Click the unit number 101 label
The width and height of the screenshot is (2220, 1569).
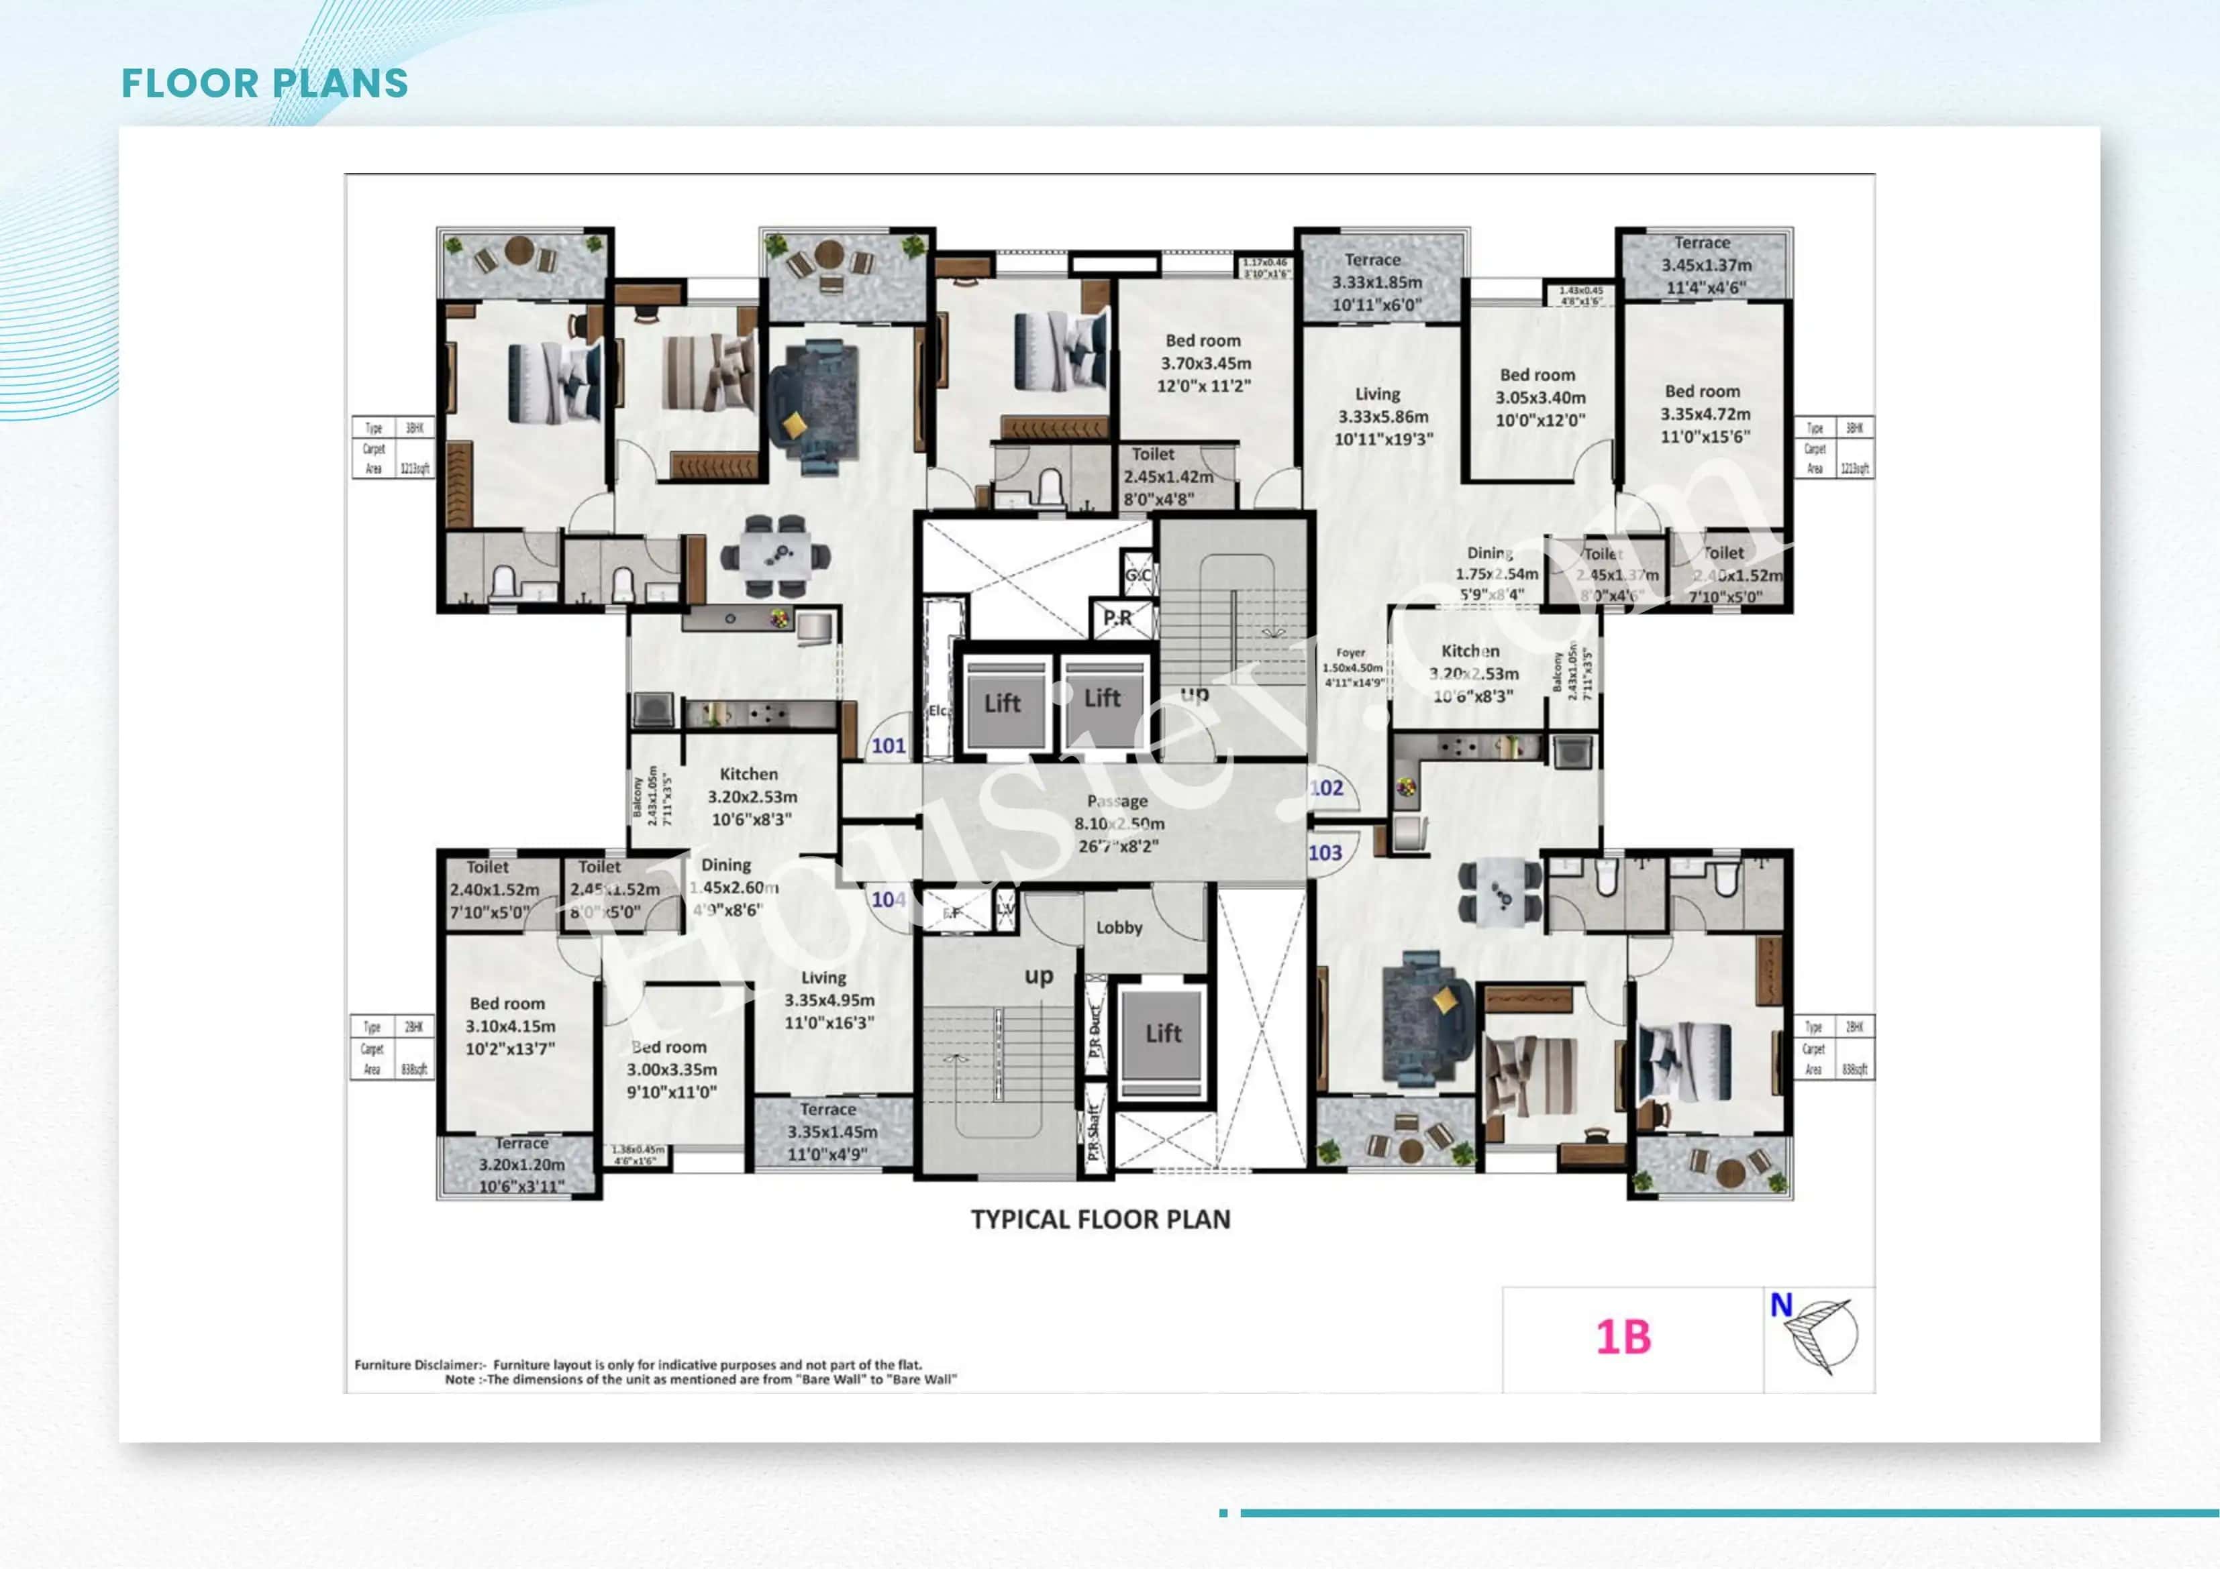coord(889,745)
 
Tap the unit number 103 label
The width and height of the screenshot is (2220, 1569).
coord(1325,853)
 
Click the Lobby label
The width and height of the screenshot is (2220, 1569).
coord(1119,927)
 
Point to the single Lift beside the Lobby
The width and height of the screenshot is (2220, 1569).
coord(1163,1034)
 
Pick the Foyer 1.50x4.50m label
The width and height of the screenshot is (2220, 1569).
coord(1352,667)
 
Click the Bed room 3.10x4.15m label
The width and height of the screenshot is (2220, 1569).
coord(509,1026)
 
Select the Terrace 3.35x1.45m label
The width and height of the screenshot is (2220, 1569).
coord(831,1131)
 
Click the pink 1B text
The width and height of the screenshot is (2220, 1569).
coord(1623,1337)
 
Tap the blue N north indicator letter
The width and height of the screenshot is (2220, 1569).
coord(1781,1305)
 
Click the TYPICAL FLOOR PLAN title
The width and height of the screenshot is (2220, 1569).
coord(1101,1219)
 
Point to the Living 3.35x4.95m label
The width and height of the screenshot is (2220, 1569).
coord(829,999)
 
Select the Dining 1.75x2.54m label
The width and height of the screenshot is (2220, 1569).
coord(1494,574)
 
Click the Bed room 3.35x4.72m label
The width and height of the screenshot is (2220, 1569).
coord(1704,414)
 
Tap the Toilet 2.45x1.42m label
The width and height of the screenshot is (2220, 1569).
coord(1167,476)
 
